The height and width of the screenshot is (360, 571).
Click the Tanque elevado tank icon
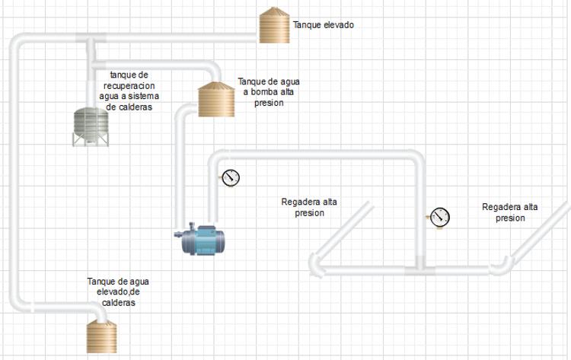click(x=274, y=26)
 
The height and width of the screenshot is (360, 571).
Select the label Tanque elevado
click(x=324, y=25)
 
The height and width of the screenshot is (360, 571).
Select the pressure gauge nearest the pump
click(x=231, y=178)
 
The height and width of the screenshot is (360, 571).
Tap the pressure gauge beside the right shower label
click(x=440, y=217)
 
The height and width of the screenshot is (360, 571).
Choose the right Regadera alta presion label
click(x=510, y=212)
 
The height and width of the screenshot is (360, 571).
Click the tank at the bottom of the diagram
click(x=101, y=337)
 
